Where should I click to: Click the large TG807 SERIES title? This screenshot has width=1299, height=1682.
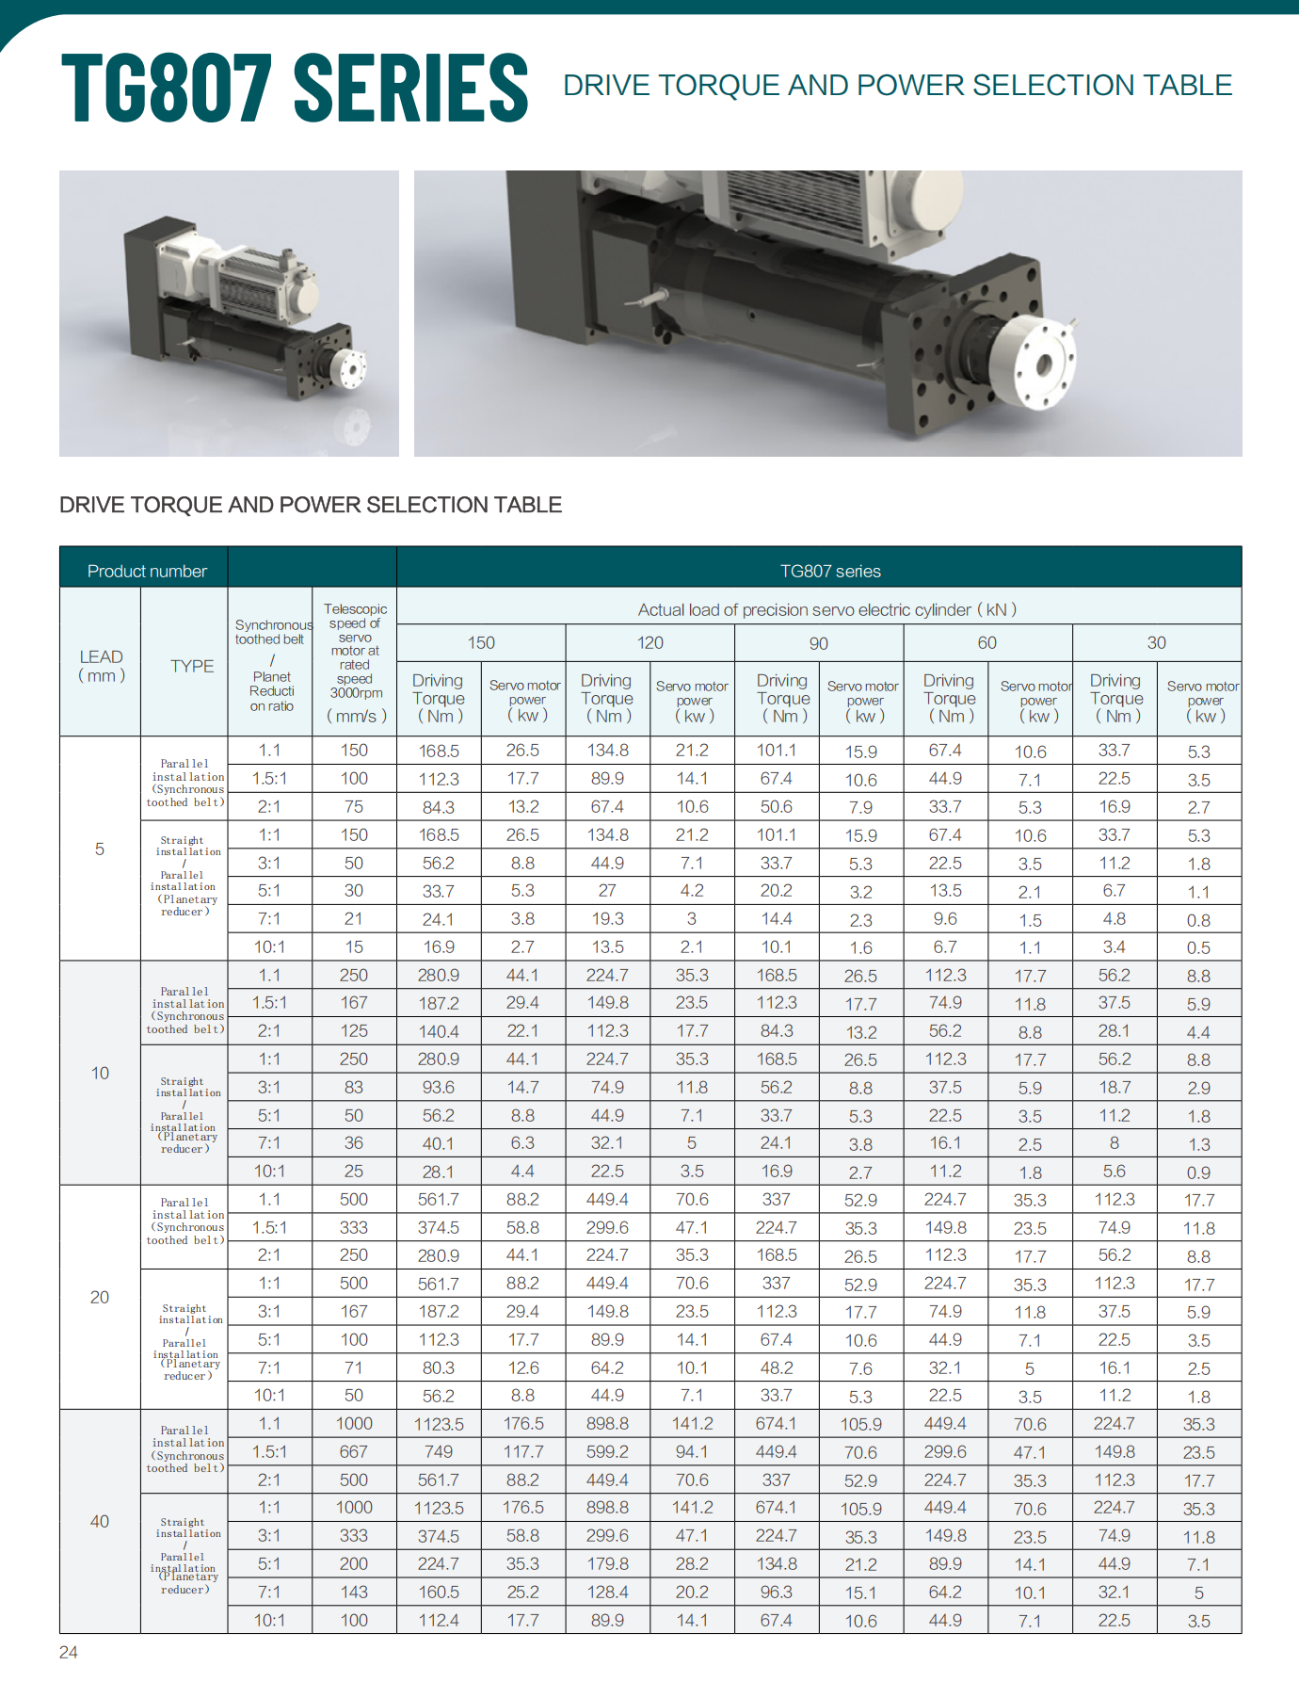[x=295, y=88]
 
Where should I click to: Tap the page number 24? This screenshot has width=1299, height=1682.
[x=69, y=1652]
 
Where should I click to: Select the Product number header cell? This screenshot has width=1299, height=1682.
[x=147, y=571]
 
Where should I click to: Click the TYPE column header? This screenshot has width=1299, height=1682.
[x=192, y=666]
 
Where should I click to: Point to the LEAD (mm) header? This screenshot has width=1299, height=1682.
[x=101, y=665]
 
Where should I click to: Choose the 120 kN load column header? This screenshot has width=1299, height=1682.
[x=649, y=642]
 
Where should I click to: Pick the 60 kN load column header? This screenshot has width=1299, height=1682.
[x=986, y=642]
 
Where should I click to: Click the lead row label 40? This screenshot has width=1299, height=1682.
[x=100, y=1521]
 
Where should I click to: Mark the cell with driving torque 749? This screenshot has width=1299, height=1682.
[x=439, y=1451]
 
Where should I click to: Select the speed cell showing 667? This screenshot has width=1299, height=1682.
[x=354, y=1451]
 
